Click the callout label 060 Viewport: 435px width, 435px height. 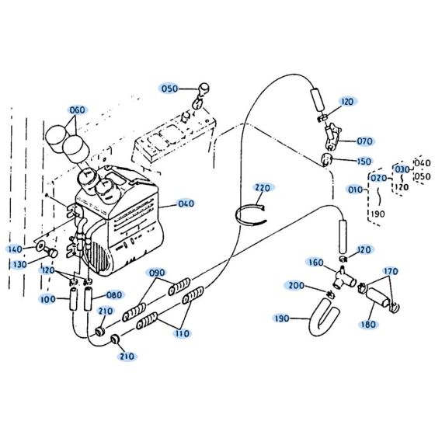point(78,110)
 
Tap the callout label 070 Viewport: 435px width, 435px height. point(364,141)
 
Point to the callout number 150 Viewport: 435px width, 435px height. point(364,162)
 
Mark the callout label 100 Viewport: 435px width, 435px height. point(48,298)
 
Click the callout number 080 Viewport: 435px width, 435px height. point(114,295)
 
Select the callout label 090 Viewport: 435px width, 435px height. point(158,273)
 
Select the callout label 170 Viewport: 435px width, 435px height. point(391,271)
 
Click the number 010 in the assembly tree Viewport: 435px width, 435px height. point(356,190)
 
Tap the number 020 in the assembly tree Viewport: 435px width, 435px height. point(378,178)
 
